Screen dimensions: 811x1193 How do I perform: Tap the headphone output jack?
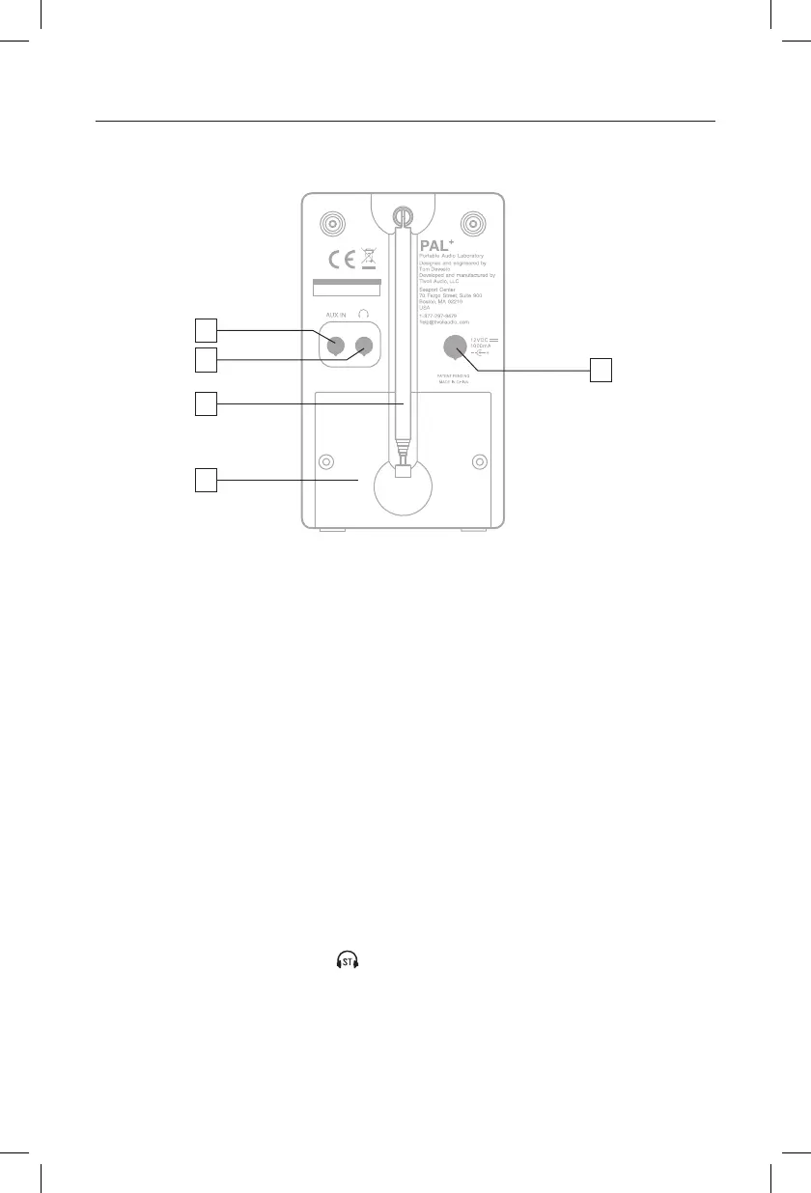click(x=364, y=346)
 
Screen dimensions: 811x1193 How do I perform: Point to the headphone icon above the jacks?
click(x=364, y=315)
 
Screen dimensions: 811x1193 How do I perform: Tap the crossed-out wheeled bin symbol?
click(x=368, y=258)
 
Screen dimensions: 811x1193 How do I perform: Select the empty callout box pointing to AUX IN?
click(x=205, y=331)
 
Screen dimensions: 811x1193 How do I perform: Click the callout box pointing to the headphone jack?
click(x=205, y=361)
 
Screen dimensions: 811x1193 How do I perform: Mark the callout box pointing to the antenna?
click(x=205, y=403)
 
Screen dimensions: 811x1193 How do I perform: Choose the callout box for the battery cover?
click(x=205, y=480)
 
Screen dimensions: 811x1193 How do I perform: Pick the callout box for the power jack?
click(x=602, y=370)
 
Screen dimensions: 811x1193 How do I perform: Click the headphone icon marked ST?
click(x=347, y=960)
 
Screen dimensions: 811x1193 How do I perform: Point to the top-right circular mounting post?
click(x=472, y=225)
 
